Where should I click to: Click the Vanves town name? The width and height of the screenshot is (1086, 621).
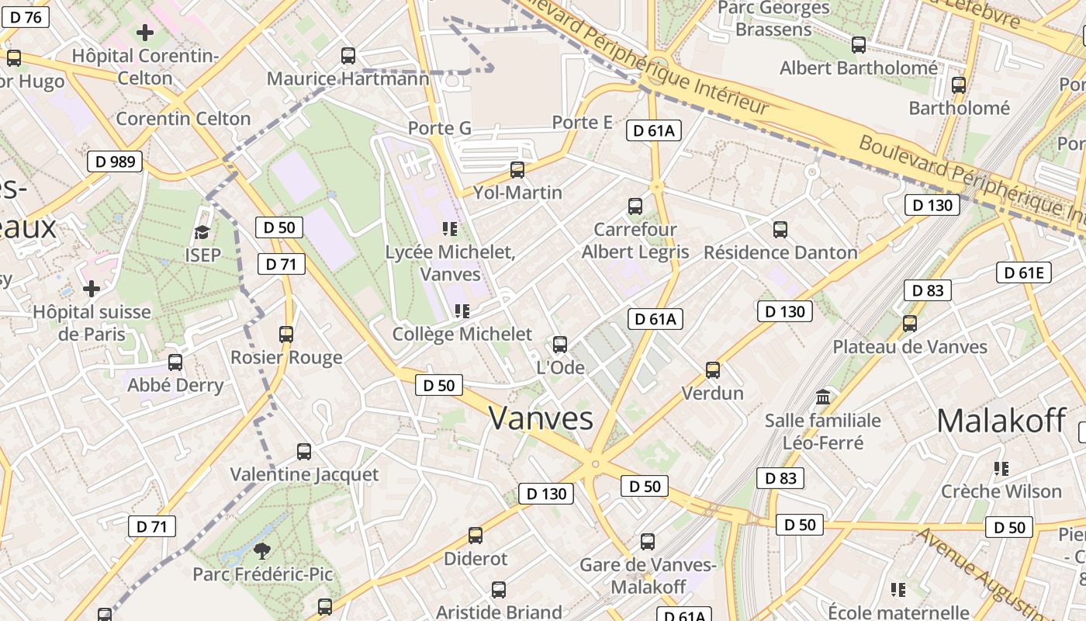pyautogui.click(x=541, y=418)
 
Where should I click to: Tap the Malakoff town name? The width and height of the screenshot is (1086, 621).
pyautogui.click(x=1001, y=421)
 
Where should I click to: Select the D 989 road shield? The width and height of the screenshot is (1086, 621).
pyautogui.click(x=115, y=162)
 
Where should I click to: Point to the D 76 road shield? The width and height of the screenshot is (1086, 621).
pyautogui.click(x=26, y=17)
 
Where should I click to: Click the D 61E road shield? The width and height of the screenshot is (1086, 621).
pyautogui.click(x=1024, y=272)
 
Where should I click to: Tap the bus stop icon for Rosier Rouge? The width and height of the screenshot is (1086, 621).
pyautogui.click(x=286, y=335)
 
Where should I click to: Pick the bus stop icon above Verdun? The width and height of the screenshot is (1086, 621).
pyautogui.click(x=713, y=370)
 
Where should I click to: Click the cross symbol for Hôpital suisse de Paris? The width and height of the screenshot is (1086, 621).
pyautogui.click(x=92, y=290)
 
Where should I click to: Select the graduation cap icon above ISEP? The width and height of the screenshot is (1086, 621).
pyautogui.click(x=202, y=232)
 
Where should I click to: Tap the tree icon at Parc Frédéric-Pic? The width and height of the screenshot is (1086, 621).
pyautogui.click(x=262, y=551)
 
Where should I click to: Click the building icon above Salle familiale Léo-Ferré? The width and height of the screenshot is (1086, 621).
pyautogui.click(x=823, y=397)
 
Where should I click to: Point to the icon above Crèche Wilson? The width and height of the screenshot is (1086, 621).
pyautogui.click(x=1001, y=469)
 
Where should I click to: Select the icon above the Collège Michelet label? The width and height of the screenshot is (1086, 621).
pyautogui.click(x=462, y=311)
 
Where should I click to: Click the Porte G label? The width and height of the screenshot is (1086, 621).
pyautogui.click(x=440, y=128)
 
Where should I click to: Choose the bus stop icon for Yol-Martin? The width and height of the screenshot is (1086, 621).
pyautogui.click(x=517, y=169)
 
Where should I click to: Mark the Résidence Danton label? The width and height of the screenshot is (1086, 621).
pyautogui.click(x=780, y=252)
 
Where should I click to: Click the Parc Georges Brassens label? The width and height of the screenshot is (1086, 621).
pyautogui.click(x=773, y=19)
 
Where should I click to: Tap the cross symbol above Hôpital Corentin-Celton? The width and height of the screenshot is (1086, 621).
pyautogui.click(x=145, y=33)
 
